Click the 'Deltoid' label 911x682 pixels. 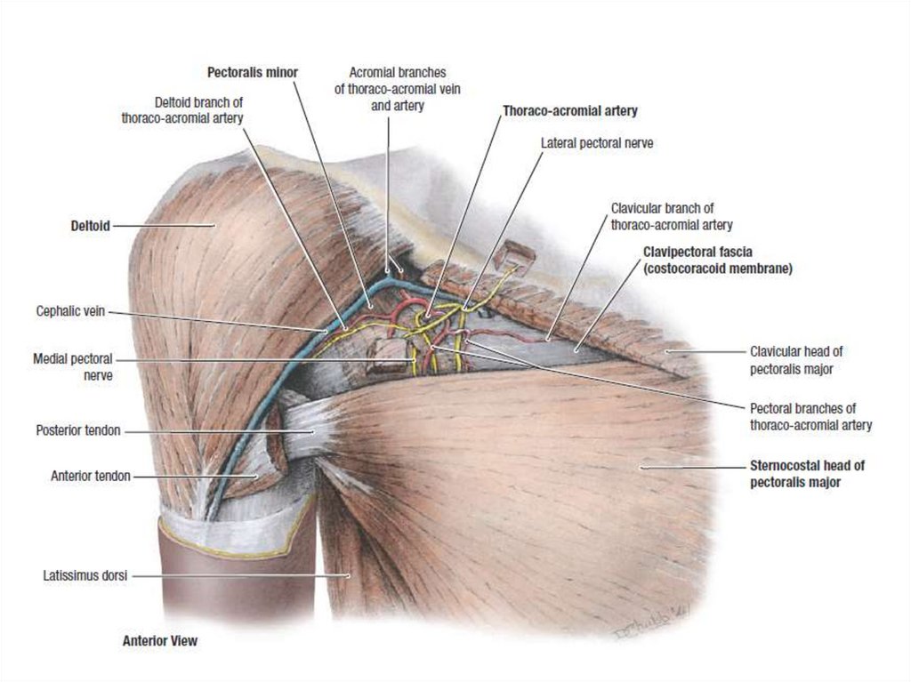tap(90, 226)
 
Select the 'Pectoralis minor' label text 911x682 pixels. tap(253, 71)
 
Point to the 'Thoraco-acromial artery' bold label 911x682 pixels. tap(570, 111)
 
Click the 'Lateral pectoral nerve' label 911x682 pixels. tap(597, 142)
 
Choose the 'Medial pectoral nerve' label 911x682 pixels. tap(73, 366)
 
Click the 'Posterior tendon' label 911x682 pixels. tap(78, 431)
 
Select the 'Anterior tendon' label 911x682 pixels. tap(91, 476)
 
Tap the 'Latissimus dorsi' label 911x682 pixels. tap(85, 576)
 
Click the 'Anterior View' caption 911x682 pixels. tap(160, 640)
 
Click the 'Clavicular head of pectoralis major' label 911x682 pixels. tap(792, 359)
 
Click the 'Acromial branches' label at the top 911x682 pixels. tap(397, 88)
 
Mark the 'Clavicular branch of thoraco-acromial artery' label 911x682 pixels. tap(672, 216)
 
